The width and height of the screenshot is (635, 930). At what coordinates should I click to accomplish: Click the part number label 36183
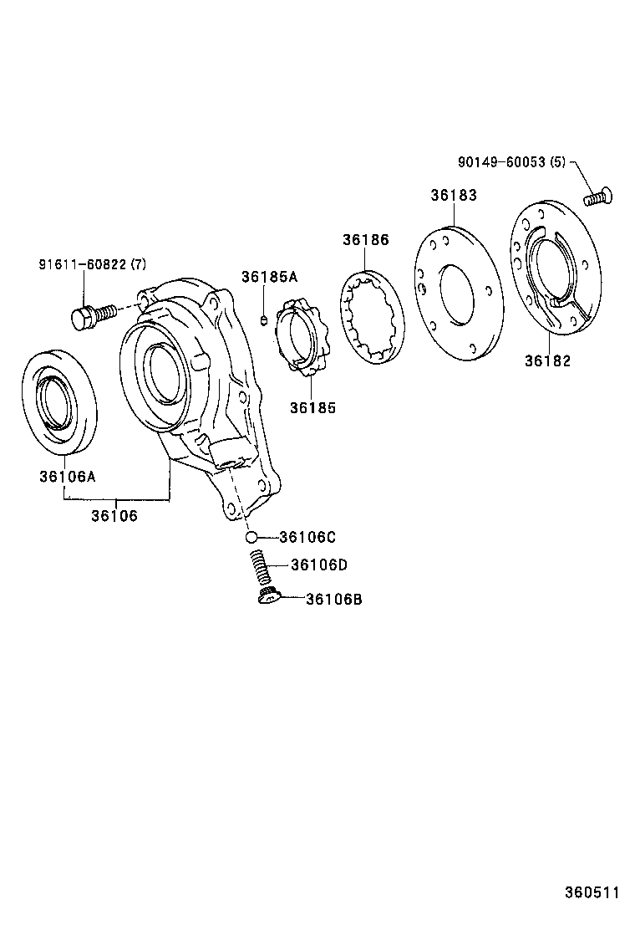(x=454, y=195)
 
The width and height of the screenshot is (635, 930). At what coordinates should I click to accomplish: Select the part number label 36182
(x=547, y=360)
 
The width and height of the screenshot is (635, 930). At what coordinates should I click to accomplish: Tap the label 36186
(x=365, y=240)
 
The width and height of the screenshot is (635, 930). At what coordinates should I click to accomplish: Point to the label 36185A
(x=269, y=277)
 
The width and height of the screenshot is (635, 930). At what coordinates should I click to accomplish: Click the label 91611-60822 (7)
(x=92, y=265)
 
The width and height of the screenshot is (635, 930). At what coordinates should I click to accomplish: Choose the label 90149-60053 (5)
(x=511, y=162)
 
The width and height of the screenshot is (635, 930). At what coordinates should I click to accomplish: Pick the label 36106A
(x=67, y=477)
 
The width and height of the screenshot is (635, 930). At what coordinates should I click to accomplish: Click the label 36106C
(x=307, y=537)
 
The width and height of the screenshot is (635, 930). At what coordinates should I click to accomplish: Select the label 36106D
(x=318, y=565)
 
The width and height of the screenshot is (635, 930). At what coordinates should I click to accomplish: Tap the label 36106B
(x=333, y=599)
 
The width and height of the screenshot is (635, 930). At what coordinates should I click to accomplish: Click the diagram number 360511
(x=592, y=893)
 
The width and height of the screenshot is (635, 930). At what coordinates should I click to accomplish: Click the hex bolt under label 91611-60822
(x=90, y=316)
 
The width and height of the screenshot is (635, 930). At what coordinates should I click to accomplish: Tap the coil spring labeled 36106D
(x=259, y=568)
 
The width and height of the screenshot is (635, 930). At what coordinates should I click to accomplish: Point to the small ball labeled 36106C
(x=251, y=537)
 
